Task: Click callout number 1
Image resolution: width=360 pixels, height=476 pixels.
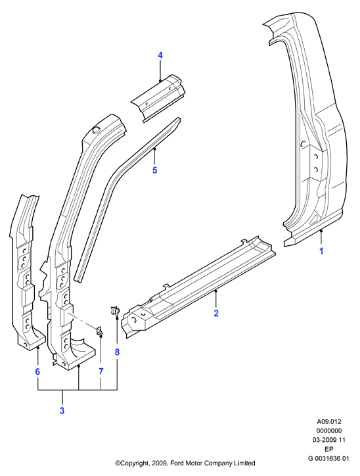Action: pyautogui.click(x=321, y=251)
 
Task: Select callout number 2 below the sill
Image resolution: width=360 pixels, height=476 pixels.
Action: pyautogui.click(x=216, y=313)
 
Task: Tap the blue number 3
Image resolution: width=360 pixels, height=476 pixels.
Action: pyautogui.click(x=62, y=411)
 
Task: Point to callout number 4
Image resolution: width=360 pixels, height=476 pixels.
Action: pyautogui.click(x=160, y=55)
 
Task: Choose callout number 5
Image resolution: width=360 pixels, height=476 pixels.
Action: pyautogui.click(x=154, y=170)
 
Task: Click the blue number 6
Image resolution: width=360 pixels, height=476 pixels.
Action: pyautogui.click(x=37, y=371)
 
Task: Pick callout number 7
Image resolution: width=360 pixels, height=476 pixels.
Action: pyautogui.click(x=101, y=371)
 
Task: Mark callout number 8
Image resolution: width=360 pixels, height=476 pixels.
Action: pyautogui.click(x=117, y=352)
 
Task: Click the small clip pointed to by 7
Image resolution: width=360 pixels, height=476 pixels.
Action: pyautogui.click(x=99, y=331)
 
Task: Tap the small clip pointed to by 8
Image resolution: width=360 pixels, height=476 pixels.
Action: pyautogui.click(x=115, y=311)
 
